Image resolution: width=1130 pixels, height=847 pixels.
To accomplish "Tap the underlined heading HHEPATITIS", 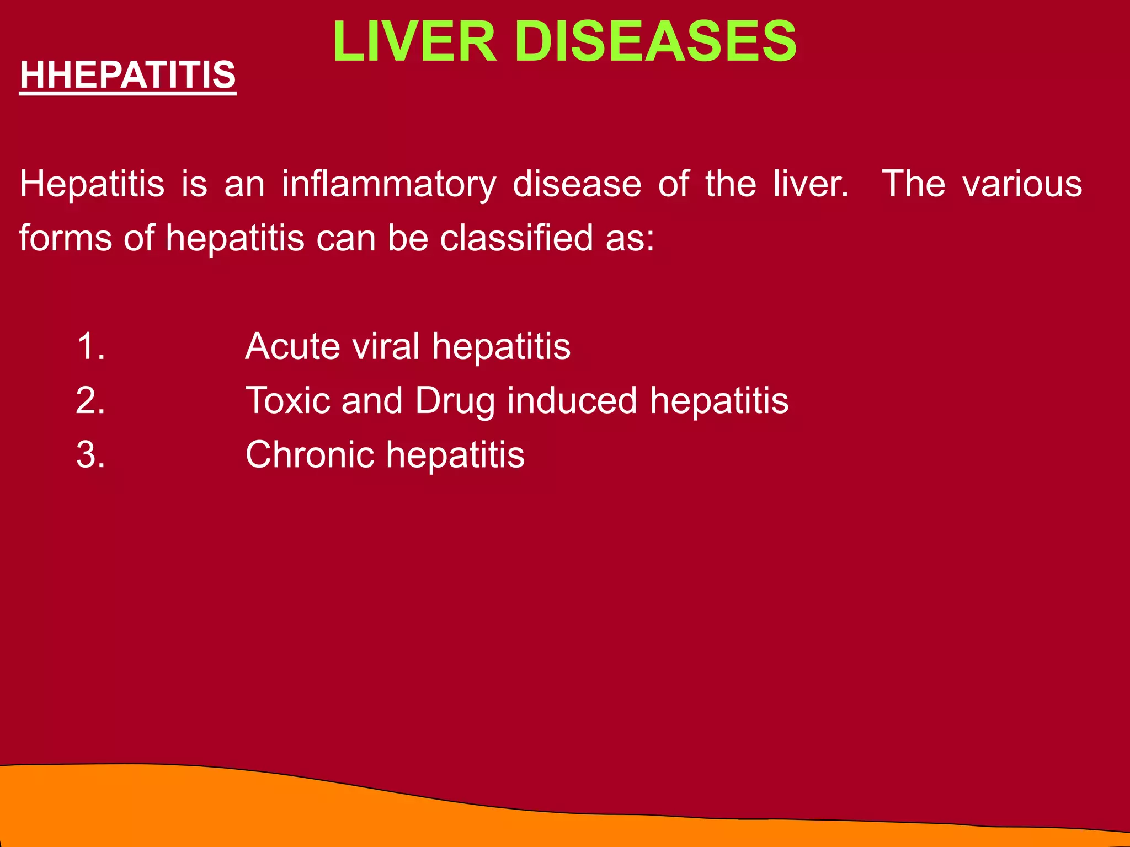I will tap(127, 75).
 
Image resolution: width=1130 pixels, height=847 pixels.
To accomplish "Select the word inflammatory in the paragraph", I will tap(389, 185).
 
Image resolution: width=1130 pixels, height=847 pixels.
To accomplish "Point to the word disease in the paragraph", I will tap(577, 184).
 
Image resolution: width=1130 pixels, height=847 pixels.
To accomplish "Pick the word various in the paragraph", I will tap(1022, 184).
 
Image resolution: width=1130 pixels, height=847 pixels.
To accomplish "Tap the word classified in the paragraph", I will tap(516, 238).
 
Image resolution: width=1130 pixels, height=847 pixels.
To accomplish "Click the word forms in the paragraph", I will tap(66, 238).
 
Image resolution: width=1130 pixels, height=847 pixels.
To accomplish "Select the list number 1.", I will tap(90, 347).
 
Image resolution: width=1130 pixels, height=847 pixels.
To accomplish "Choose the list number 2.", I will tap(90, 401).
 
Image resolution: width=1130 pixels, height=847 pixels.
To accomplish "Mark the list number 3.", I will tap(90, 455).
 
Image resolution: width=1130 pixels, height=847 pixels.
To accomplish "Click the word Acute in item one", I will tap(293, 347).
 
